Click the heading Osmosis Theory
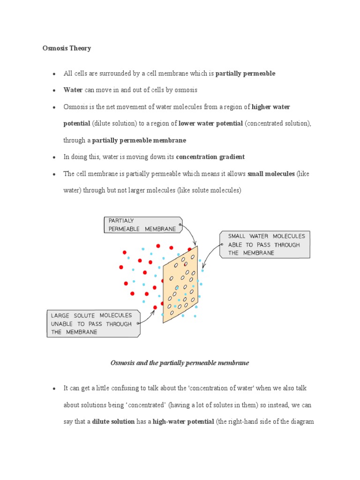point(67,48)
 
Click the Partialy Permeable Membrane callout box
point(142,225)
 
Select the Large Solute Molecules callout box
point(93,323)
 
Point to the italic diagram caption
point(180,363)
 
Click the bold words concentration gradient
point(210,157)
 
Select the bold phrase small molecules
point(271,174)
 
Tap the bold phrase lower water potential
point(210,123)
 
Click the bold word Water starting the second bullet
point(73,90)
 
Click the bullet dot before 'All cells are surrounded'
point(54,74)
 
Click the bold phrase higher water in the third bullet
point(271,107)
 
